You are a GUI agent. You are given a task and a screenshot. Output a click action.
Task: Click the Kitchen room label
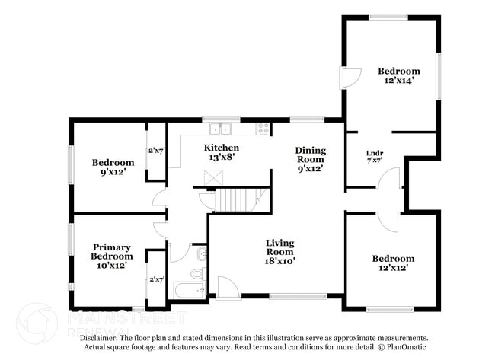[x=222, y=147]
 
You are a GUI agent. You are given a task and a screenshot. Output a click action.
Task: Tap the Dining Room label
[x=310, y=155]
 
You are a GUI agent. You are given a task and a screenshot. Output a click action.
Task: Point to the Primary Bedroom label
[x=112, y=252]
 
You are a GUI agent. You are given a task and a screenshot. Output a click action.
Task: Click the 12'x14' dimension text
[x=399, y=81]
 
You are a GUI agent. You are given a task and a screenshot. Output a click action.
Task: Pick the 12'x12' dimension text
[x=394, y=268]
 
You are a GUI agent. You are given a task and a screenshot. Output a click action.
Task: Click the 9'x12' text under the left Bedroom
[x=113, y=171]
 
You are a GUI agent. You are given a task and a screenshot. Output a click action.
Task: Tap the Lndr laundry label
[x=375, y=153]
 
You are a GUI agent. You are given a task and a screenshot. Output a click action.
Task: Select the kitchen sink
[x=221, y=128]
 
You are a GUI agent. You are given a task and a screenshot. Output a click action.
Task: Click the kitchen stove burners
[x=263, y=129]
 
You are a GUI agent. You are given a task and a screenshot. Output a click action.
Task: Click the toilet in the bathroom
[x=197, y=272]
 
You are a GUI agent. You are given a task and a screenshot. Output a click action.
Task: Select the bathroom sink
[x=201, y=253]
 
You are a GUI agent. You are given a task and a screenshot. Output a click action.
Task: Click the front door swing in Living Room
[x=228, y=287]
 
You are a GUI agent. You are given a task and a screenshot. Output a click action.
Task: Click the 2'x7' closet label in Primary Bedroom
[x=157, y=279]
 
